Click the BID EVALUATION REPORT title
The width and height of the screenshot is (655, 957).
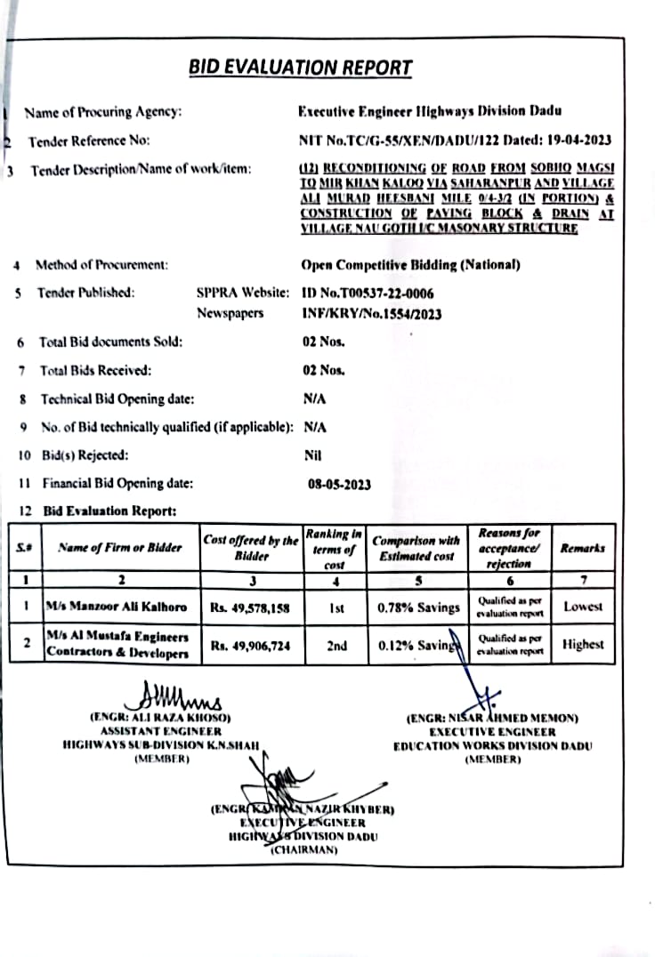tap(300, 68)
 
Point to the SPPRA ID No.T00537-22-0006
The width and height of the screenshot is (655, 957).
tap(368, 292)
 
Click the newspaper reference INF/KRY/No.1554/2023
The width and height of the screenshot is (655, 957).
tap(372, 313)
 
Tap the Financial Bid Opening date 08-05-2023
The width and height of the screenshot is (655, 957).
tap(339, 485)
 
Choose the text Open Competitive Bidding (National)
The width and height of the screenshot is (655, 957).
tap(410, 264)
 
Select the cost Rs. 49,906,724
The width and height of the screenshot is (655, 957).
tap(251, 646)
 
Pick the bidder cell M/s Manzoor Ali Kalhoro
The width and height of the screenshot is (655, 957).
tap(117, 607)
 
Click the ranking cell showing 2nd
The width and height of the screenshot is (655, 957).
tap(336, 646)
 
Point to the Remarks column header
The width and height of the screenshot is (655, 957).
tap(582, 548)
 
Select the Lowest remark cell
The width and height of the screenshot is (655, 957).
tap(582, 607)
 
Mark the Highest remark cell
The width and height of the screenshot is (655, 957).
tap(583, 645)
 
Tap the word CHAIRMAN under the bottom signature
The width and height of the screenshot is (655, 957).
tap(302, 850)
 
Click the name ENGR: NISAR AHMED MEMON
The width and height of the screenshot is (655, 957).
tap(492, 718)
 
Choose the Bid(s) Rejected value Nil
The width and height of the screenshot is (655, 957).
tap(312, 455)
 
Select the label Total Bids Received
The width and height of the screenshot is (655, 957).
tap(94, 370)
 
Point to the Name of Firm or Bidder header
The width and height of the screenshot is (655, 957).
tap(119, 548)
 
